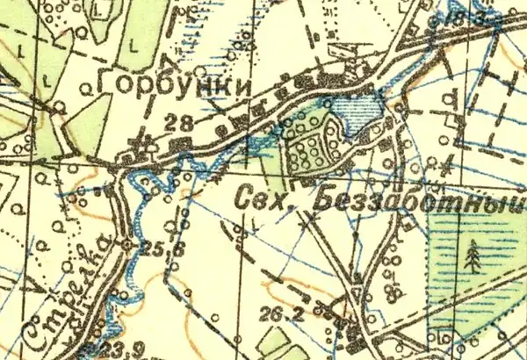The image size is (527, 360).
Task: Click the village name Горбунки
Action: pyautogui.click(x=176, y=86)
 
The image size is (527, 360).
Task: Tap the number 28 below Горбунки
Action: pyautogui.click(x=185, y=124)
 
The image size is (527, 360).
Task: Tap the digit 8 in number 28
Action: pyautogui.click(x=191, y=124)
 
